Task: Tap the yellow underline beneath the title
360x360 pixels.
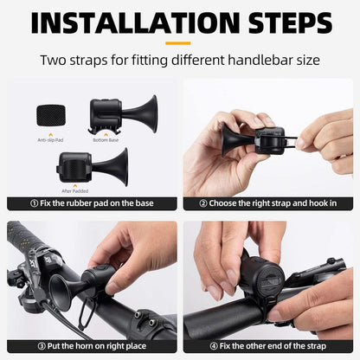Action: pyautogui.click(x=179, y=42)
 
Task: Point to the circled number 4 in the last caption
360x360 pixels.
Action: pyautogui.click(x=213, y=345)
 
